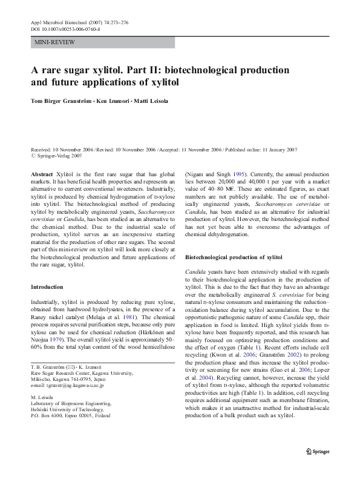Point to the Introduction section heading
[x=47, y=286]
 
